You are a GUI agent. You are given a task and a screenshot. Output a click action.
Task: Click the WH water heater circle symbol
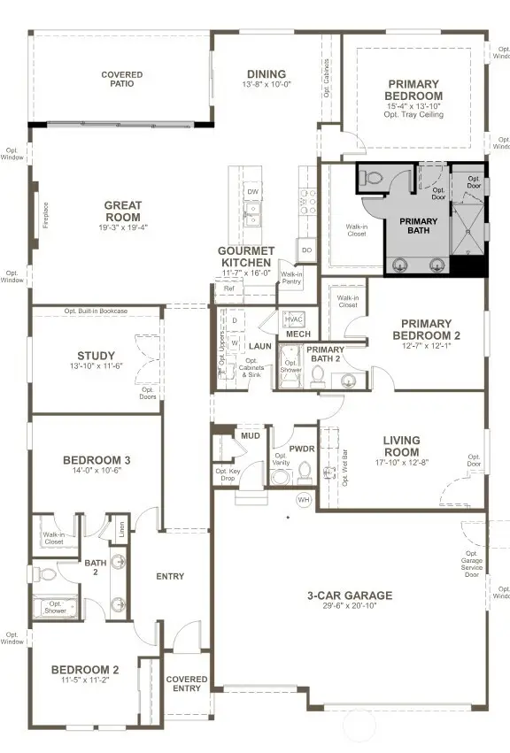(305, 500)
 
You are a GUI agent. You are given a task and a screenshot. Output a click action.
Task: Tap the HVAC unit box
(295, 319)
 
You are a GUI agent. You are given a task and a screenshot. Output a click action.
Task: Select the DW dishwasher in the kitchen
(253, 192)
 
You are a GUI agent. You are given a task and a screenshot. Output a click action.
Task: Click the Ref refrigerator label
(228, 289)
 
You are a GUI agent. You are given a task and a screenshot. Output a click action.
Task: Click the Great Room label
(122, 211)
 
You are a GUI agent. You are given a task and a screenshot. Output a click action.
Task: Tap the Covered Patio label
(121, 81)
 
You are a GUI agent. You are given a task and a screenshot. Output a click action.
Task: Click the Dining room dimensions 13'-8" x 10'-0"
(267, 85)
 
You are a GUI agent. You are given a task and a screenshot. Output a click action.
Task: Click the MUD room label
(251, 436)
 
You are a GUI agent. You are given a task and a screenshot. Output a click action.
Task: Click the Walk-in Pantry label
(293, 278)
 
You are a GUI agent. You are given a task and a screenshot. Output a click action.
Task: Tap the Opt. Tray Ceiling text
(413, 115)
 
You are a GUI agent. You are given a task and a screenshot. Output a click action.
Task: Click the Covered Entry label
(187, 684)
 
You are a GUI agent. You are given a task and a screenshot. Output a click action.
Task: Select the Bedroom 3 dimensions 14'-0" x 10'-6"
(97, 471)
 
